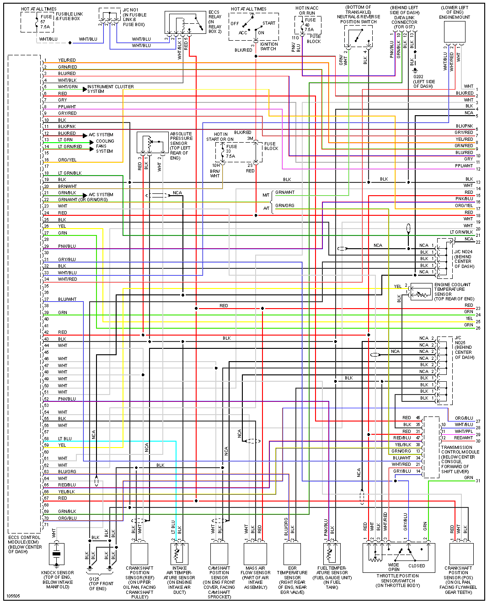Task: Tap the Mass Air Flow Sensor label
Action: pyautogui.click(x=255, y=577)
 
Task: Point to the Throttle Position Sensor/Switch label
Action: pyautogui.click(x=397, y=581)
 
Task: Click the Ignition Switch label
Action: pyautogui.click(x=268, y=46)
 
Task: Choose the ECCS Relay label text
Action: pyautogui.click(x=214, y=22)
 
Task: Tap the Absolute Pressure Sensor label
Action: pyautogui.click(x=181, y=146)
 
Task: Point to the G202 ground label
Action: pyautogui.click(x=423, y=81)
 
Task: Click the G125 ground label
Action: pyautogui.click(x=101, y=583)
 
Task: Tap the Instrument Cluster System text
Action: pyautogui.click(x=110, y=89)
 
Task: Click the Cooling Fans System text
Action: pyautogui.click(x=105, y=146)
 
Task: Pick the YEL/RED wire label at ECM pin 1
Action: pyautogui.click(x=67, y=60)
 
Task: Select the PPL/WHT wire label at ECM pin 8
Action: pyautogui.click(x=67, y=107)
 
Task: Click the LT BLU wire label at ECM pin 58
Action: pyautogui.click(x=65, y=438)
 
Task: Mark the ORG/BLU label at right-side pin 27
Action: pyautogui.click(x=464, y=418)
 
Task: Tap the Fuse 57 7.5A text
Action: pyautogui.click(x=45, y=21)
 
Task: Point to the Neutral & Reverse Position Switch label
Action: pyautogui.click(x=359, y=15)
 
